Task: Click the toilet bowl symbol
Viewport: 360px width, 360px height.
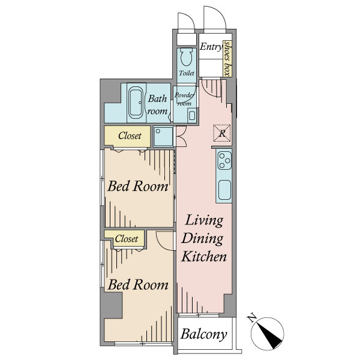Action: coord(187,57)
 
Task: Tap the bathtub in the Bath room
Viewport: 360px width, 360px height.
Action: coord(136,103)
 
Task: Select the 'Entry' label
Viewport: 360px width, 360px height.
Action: coord(211,47)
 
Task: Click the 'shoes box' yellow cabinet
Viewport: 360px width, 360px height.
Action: coord(227,59)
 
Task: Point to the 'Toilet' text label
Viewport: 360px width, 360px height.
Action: coord(187,73)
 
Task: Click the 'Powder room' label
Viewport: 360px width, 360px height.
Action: coord(184,99)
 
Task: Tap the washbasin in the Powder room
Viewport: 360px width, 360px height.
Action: coord(191,115)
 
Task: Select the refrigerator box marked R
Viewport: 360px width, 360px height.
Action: coord(222,133)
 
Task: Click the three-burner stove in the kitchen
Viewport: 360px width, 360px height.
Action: coord(224,160)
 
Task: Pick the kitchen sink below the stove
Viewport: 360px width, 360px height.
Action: coord(224,190)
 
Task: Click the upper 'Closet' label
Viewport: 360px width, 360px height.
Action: coord(130,136)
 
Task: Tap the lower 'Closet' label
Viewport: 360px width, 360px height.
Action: coord(127,239)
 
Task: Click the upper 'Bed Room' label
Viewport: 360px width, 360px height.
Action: coord(138,186)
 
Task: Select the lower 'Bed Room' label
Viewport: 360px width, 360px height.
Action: coord(138,284)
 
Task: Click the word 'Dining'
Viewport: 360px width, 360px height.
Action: coord(202,239)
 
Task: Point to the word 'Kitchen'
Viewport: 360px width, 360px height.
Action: coord(204,256)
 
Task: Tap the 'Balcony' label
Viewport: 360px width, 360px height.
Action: coord(203,335)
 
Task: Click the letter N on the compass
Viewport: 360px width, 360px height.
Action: coord(252,318)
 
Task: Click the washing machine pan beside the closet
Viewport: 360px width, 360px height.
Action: coord(163,136)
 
